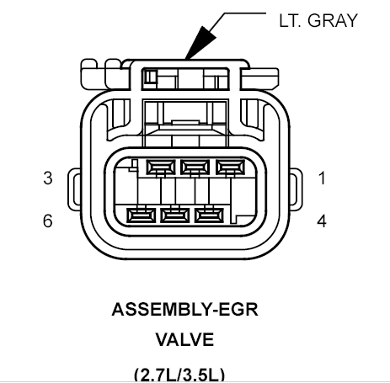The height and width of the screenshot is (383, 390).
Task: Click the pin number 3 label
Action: pyautogui.click(x=48, y=178)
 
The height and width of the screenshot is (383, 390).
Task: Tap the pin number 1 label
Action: pyautogui.click(x=322, y=178)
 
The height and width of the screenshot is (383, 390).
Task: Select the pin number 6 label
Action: pyautogui.click(x=48, y=221)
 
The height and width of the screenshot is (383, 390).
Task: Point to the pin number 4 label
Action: pyautogui.click(x=322, y=221)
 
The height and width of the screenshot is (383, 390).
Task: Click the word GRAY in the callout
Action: pyautogui.click(x=333, y=20)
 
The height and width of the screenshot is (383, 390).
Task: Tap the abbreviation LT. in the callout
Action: pyautogui.click(x=290, y=20)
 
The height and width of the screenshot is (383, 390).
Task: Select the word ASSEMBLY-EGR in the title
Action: pyautogui.click(x=184, y=309)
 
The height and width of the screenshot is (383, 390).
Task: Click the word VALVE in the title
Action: pyautogui.click(x=184, y=339)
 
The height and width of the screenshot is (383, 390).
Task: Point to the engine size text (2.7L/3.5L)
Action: pyautogui.click(x=179, y=375)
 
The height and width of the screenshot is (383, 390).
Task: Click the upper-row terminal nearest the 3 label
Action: pyautogui.click(x=161, y=168)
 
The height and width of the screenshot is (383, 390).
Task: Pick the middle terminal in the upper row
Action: pyautogui.click(x=195, y=168)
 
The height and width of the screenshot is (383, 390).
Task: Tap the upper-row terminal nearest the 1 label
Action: pyautogui.click(x=230, y=168)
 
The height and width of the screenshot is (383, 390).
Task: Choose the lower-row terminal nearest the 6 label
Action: pyautogui.click(x=142, y=215)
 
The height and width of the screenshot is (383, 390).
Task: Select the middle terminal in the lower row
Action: pyautogui.click(x=175, y=215)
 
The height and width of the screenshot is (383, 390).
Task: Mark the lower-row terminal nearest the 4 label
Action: pyautogui.click(x=209, y=215)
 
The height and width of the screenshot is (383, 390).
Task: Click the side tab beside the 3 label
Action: pyautogui.click(x=73, y=189)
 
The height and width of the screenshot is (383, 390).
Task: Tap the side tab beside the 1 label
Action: pyautogui.click(x=297, y=189)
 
